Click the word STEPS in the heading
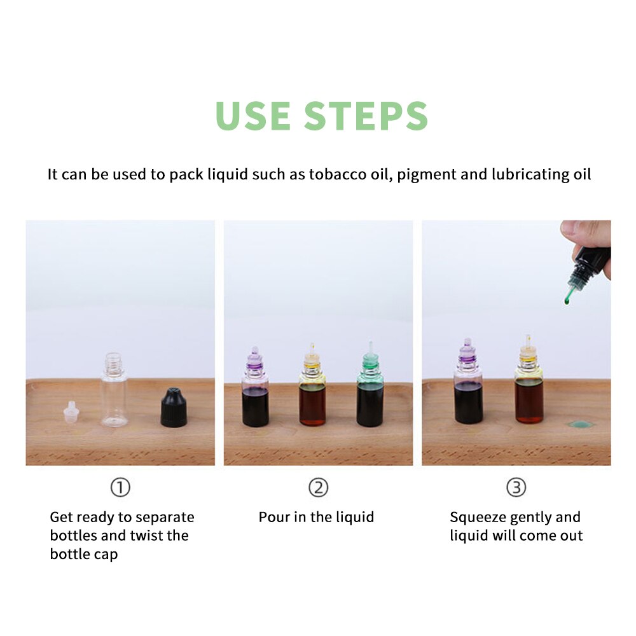tap(366, 115)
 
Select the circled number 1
tap(120, 488)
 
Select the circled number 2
tap(318, 488)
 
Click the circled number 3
tap(516, 488)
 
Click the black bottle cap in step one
tap(173, 408)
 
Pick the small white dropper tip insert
tap(71, 413)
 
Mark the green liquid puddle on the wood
tap(579, 424)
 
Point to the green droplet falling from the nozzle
tap(566, 300)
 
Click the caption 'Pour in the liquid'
tap(316, 517)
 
